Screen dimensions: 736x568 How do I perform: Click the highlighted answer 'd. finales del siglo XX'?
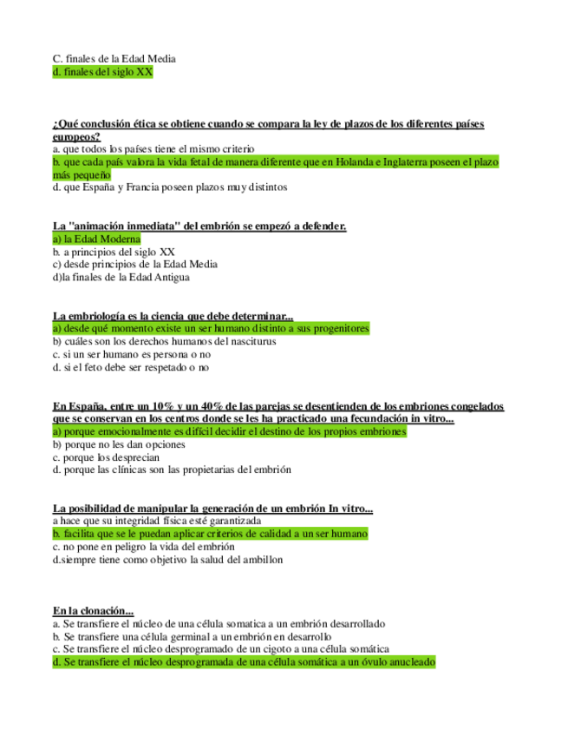[102, 73]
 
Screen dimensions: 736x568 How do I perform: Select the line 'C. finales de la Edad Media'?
[114, 59]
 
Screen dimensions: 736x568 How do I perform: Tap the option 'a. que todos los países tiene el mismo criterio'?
[151, 149]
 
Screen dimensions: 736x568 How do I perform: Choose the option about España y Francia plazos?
[169, 187]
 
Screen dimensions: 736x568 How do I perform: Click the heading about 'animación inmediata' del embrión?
[199, 227]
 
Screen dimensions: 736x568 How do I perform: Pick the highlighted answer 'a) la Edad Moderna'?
[95, 239]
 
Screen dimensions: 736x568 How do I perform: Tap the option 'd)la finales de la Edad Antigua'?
[121, 278]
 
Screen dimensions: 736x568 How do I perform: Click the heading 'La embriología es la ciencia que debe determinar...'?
[173, 316]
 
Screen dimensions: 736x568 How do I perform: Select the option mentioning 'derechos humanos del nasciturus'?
[164, 342]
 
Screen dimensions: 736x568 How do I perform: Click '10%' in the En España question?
[159, 406]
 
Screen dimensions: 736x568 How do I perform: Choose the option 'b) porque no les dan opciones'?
[119, 444]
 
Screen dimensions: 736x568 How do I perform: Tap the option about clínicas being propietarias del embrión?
[172, 470]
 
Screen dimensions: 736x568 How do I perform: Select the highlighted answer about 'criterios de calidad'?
[210, 535]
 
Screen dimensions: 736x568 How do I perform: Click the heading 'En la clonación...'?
[93, 611]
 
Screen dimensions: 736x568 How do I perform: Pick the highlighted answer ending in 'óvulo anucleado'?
[244, 661]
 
